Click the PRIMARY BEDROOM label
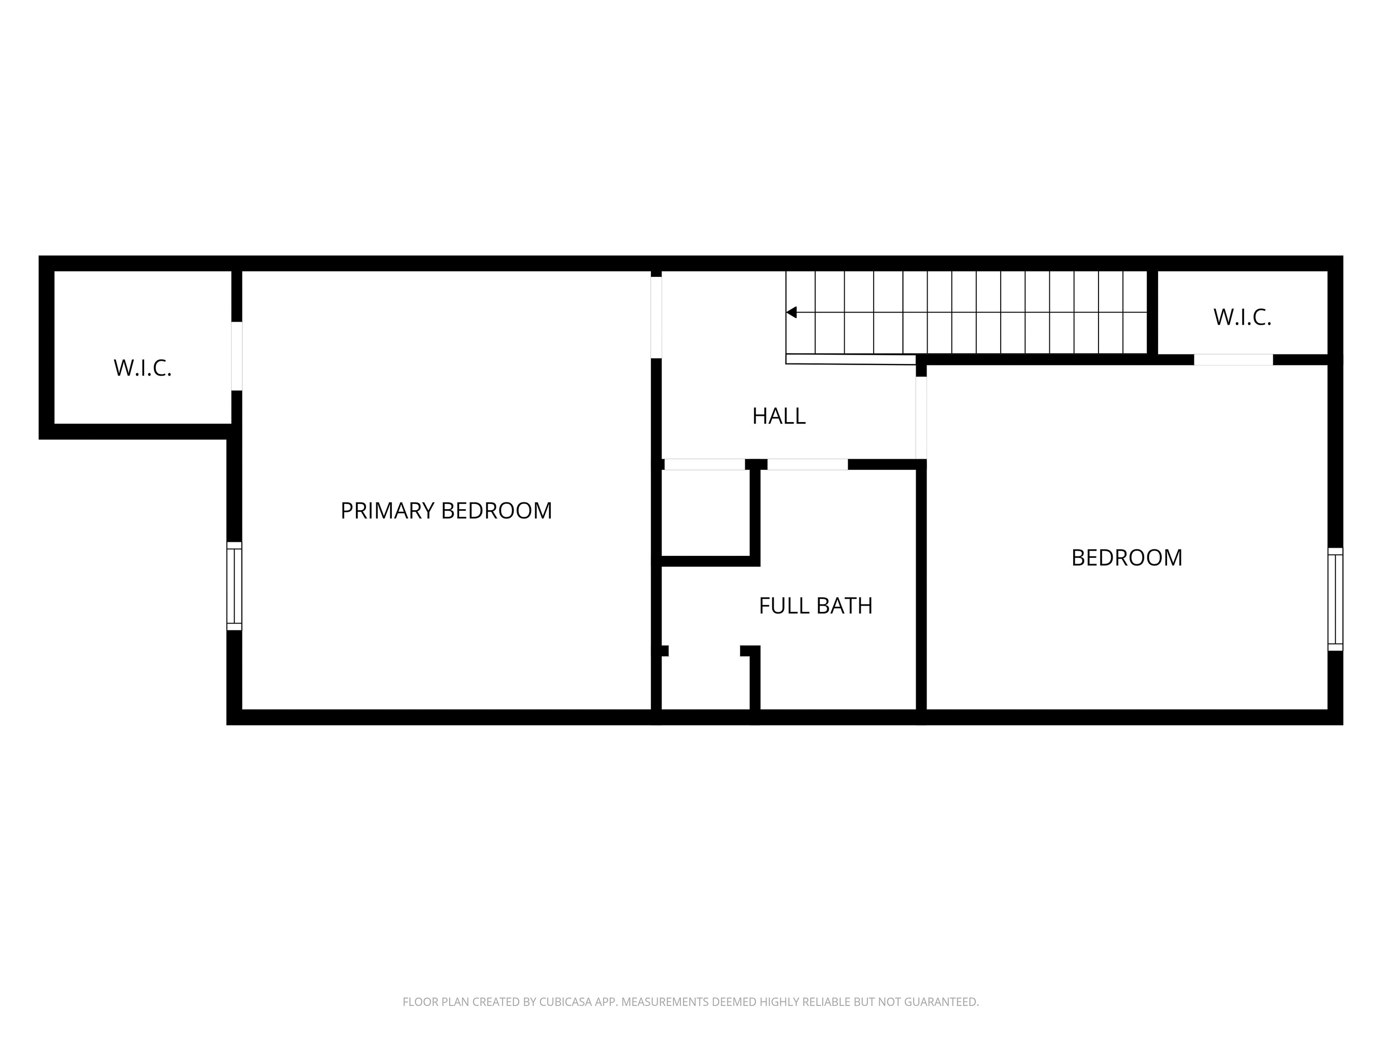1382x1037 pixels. (x=446, y=511)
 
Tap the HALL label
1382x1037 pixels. (x=778, y=416)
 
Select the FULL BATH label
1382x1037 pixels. (x=815, y=606)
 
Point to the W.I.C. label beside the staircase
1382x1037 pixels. (x=1242, y=317)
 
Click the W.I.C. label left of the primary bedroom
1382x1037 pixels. (x=143, y=368)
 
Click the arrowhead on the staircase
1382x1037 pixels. (x=792, y=312)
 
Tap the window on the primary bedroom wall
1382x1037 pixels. (x=234, y=586)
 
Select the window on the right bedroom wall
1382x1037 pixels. (x=1335, y=599)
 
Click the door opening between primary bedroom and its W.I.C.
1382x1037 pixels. (x=237, y=356)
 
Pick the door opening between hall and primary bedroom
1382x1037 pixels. (x=656, y=317)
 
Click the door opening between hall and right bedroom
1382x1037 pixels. (x=921, y=417)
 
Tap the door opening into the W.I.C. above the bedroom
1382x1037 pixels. (x=1233, y=359)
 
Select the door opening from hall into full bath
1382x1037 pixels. (x=807, y=465)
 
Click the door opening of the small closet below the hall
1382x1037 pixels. (x=704, y=465)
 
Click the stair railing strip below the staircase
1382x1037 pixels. (x=850, y=359)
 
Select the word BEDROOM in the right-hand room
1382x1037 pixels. (x=1127, y=557)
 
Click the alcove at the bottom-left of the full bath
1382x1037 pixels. (x=705, y=681)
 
